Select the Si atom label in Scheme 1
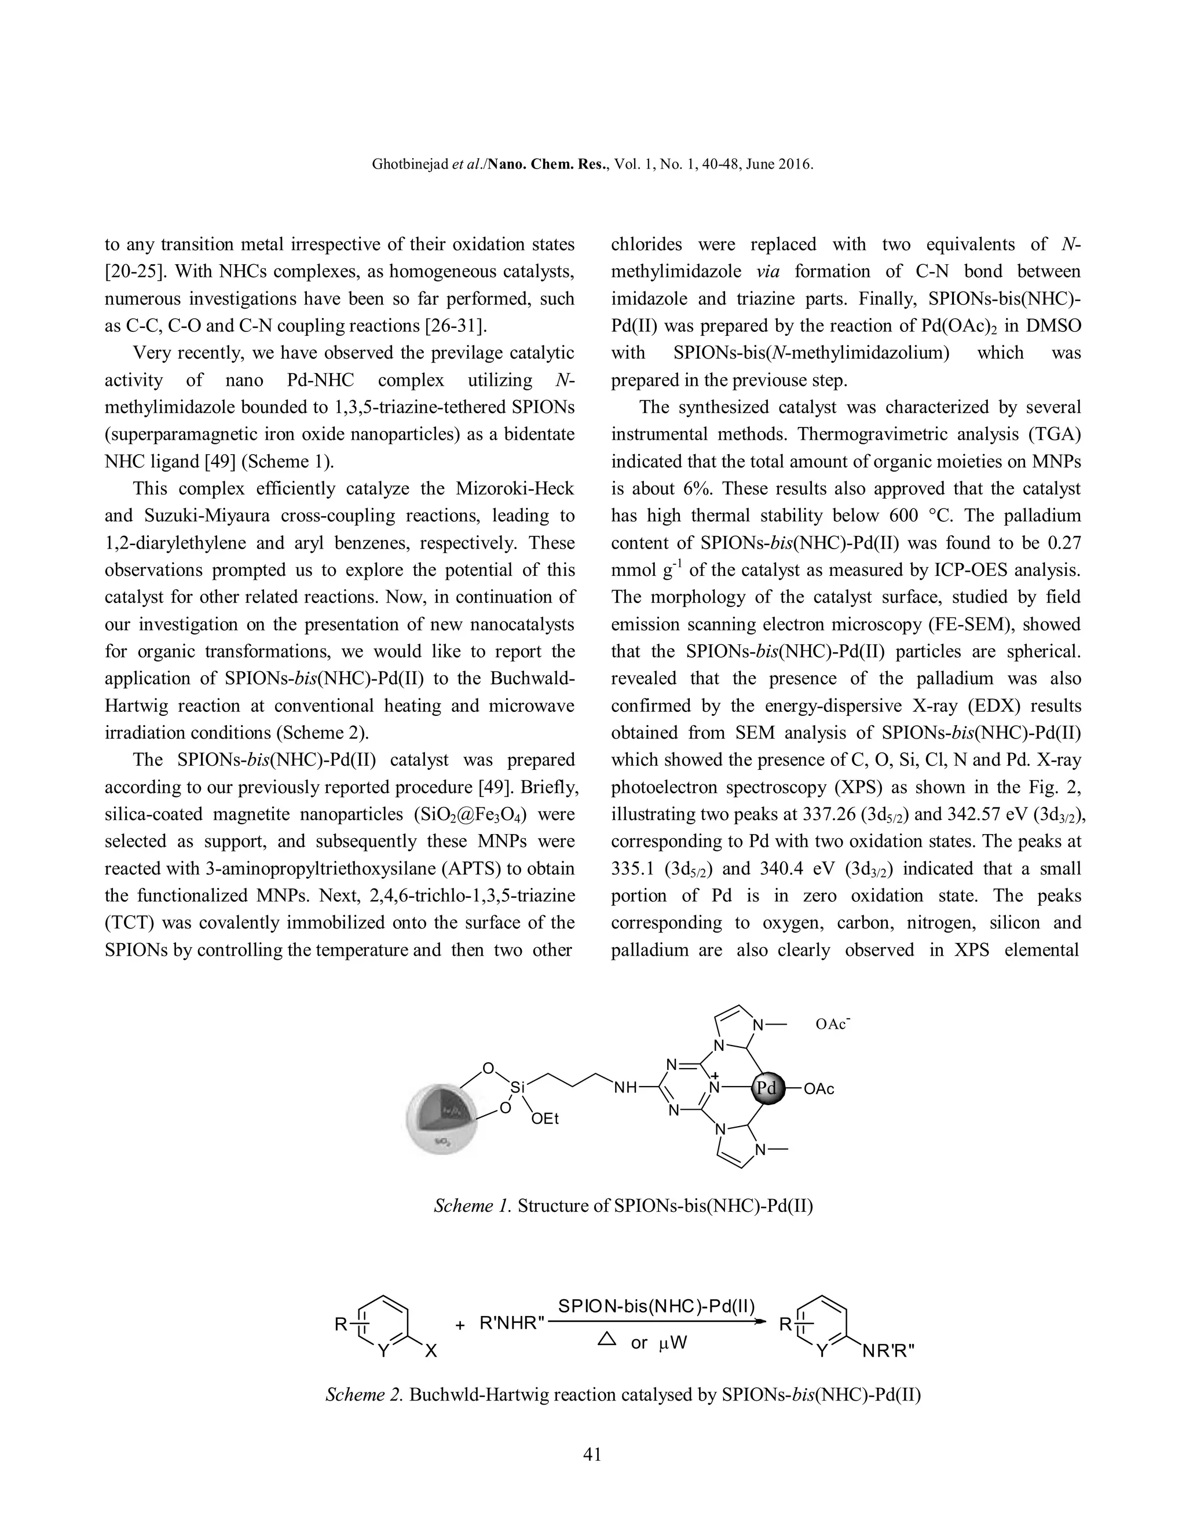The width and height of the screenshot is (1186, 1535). tap(517, 1087)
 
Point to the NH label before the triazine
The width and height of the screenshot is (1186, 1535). tap(625, 1088)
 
